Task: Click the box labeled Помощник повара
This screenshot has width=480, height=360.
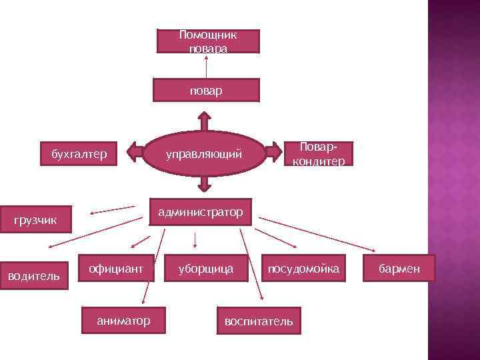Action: pyautogui.click(x=208, y=41)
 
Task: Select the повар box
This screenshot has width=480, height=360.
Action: pyautogui.click(x=206, y=90)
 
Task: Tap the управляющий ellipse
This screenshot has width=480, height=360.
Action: pyautogui.click(x=203, y=155)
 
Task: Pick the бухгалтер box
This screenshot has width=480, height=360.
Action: pyautogui.click(x=79, y=155)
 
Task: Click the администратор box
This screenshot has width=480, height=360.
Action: pyautogui.click(x=200, y=212)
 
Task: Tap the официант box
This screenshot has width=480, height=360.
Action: pyautogui.click(x=116, y=269)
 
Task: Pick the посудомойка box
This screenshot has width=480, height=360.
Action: pyautogui.click(x=303, y=269)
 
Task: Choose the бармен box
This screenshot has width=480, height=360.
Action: pyautogui.click(x=399, y=269)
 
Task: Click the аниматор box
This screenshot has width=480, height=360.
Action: pyautogui.click(x=124, y=321)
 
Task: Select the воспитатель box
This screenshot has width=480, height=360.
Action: pyautogui.click(x=259, y=321)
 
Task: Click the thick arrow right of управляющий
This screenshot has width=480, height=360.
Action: pyautogui.click(x=273, y=153)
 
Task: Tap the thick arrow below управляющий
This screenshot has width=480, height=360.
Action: pyautogui.click(x=205, y=185)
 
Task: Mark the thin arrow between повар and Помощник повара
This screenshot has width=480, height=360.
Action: pyautogui.click(x=206, y=66)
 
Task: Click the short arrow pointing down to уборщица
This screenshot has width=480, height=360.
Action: pyautogui.click(x=194, y=239)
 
